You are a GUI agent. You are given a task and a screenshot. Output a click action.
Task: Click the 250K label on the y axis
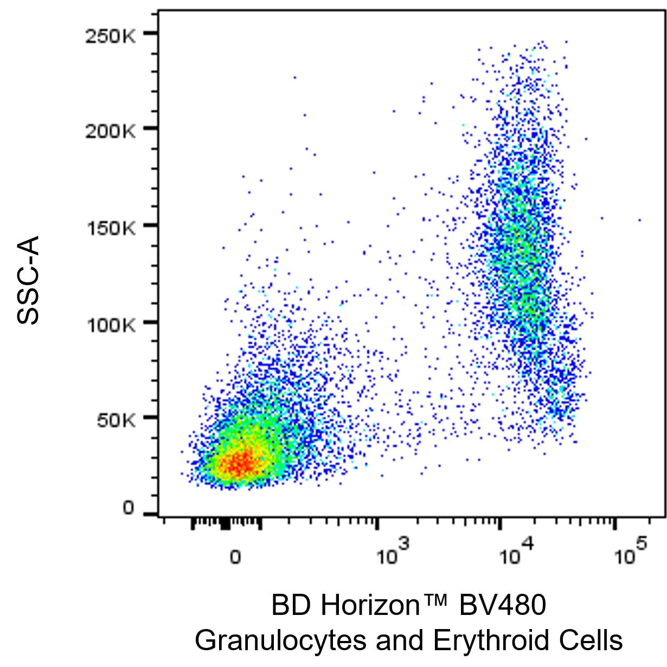(x=110, y=36)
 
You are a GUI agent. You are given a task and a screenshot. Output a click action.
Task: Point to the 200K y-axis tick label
(x=110, y=131)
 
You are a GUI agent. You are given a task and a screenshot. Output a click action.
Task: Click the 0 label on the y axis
(x=128, y=508)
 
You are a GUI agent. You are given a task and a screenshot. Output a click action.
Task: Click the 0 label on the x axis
(x=235, y=557)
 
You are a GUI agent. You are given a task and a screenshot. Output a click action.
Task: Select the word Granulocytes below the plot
(x=280, y=640)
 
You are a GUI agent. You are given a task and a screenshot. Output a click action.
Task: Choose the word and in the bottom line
(x=400, y=640)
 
